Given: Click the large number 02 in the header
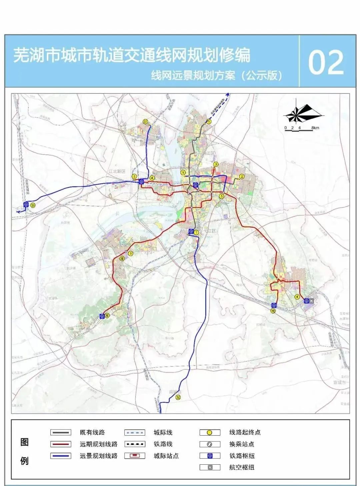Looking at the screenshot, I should [x=326, y=62].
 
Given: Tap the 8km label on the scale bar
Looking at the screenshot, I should [x=315, y=128].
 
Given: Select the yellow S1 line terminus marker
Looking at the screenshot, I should [x=145, y=122].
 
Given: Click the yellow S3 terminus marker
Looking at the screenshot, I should [x=32, y=205].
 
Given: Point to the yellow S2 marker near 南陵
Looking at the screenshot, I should [x=179, y=397].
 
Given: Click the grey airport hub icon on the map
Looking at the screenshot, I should [x=312, y=301].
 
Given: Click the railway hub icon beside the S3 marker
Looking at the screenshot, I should [x=26, y=204].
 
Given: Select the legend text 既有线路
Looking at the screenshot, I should [x=92, y=433].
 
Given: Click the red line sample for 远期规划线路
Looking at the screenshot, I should [x=61, y=444].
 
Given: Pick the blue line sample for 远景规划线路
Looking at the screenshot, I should [x=61, y=456].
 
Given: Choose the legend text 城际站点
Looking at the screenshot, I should [x=166, y=456].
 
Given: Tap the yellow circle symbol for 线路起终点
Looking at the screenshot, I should [x=210, y=433].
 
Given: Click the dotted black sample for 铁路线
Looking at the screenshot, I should [x=135, y=444].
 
